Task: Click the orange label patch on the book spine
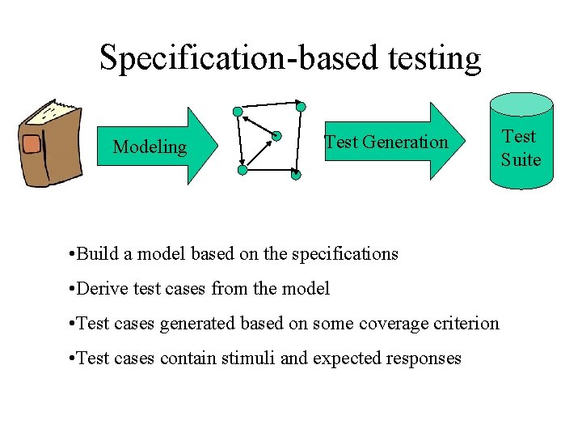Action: (x=32, y=145)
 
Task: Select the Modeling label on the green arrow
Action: (x=150, y=146)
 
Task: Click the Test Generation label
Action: (x=386, y=142)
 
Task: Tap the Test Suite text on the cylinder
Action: (x=520, y=148)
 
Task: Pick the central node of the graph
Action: (x=276, y=136)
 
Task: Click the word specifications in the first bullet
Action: (x=344, y=254)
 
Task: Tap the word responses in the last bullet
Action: (x=423, y=359)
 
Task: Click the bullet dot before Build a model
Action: (x=73, y=254)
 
